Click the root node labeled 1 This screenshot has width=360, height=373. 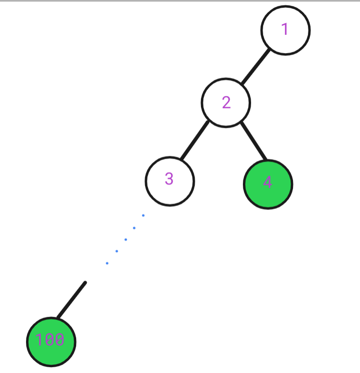[285, 30]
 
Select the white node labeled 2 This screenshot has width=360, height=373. [226, 103]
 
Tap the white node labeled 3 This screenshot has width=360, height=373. [170, 181]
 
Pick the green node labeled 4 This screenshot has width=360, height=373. [268, 184]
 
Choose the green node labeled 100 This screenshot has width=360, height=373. [51, 342]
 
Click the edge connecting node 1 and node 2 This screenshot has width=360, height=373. [256, 66]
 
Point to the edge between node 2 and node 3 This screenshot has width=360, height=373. [195, 140]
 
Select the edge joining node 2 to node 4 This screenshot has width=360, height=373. [253, 141]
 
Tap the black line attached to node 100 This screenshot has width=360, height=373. [71, 300]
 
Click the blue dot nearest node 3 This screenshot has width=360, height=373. [143, 216]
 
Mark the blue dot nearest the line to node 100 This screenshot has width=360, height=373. [107, 263]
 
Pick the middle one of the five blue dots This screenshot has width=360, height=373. [126, 239]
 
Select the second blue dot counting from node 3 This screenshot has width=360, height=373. [134, 228]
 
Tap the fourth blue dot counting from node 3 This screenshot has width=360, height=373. [117, 251]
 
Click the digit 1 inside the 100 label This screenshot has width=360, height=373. [40, 339]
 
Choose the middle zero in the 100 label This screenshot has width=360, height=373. [50, 339]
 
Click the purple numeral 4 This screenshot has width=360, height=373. [267, 182]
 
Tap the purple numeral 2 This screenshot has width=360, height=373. [226, 102]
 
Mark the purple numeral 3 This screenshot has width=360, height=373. [169, 179]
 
